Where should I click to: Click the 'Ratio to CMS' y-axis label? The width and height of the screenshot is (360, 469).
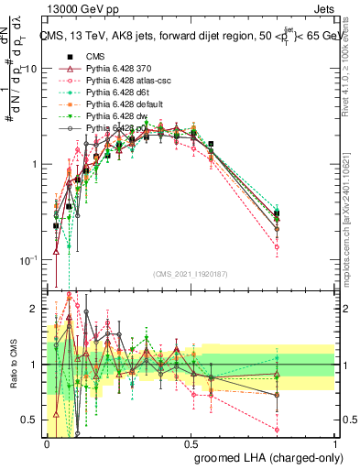(12, 365)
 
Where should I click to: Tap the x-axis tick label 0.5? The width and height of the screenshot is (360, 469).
(191, 444)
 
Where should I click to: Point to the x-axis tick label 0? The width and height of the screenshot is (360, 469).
(48, 444)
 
